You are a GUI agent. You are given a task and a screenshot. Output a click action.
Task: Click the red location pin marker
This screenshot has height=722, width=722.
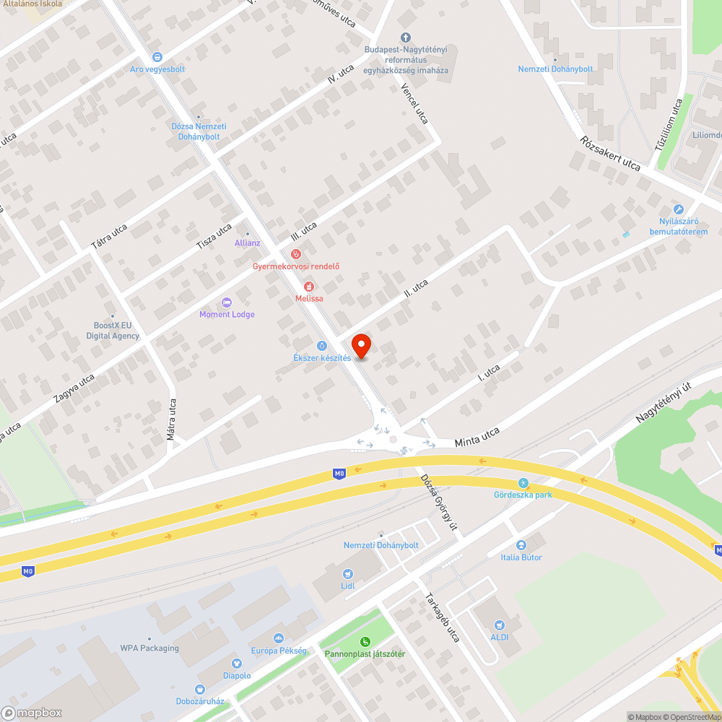tap(360, 346)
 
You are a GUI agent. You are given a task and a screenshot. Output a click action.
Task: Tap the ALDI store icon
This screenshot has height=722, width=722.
tap(499, 625)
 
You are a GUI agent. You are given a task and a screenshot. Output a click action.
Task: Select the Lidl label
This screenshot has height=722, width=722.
tap(348, 586)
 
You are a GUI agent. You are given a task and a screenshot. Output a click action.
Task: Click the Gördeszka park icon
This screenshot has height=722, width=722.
tap(523, 482)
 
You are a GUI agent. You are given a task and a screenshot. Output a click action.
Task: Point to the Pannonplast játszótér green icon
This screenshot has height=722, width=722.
tap(365, 642)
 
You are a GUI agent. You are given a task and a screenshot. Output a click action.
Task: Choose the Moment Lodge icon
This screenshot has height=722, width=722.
tap(227, 303)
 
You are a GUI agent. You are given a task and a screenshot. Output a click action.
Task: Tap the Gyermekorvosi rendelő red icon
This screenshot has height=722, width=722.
tap(295, 253)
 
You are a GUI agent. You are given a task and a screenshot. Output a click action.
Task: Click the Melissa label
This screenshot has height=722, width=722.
tap(309, 298)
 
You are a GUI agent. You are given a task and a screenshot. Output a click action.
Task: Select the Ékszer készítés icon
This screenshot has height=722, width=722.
tap(322, 346)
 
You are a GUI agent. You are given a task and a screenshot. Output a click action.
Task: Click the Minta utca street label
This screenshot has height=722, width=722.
tap(477, 436)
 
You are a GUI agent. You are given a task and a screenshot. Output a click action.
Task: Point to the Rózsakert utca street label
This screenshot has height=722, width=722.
tap(610, 154)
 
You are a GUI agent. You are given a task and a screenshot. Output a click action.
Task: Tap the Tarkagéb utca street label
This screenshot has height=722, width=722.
tap(442, 617)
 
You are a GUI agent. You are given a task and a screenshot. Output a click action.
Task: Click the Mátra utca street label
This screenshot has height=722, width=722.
tap(172, 419)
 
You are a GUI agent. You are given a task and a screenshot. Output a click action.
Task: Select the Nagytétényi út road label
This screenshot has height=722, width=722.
tap(664, 403)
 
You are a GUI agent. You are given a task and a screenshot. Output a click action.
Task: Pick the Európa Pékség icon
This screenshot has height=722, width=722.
tap(279, 638)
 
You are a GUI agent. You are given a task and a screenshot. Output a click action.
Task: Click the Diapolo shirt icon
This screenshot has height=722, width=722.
tap(237, 664)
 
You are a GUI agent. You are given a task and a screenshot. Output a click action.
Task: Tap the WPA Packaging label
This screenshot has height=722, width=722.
tap(149, 648)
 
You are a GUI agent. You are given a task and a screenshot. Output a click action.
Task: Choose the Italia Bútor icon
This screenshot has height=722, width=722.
tap(521, 545)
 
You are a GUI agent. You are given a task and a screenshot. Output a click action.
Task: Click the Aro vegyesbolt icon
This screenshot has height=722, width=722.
tap(157, 57)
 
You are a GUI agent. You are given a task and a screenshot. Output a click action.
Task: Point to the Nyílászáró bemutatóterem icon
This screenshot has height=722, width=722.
tap(678, 209)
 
